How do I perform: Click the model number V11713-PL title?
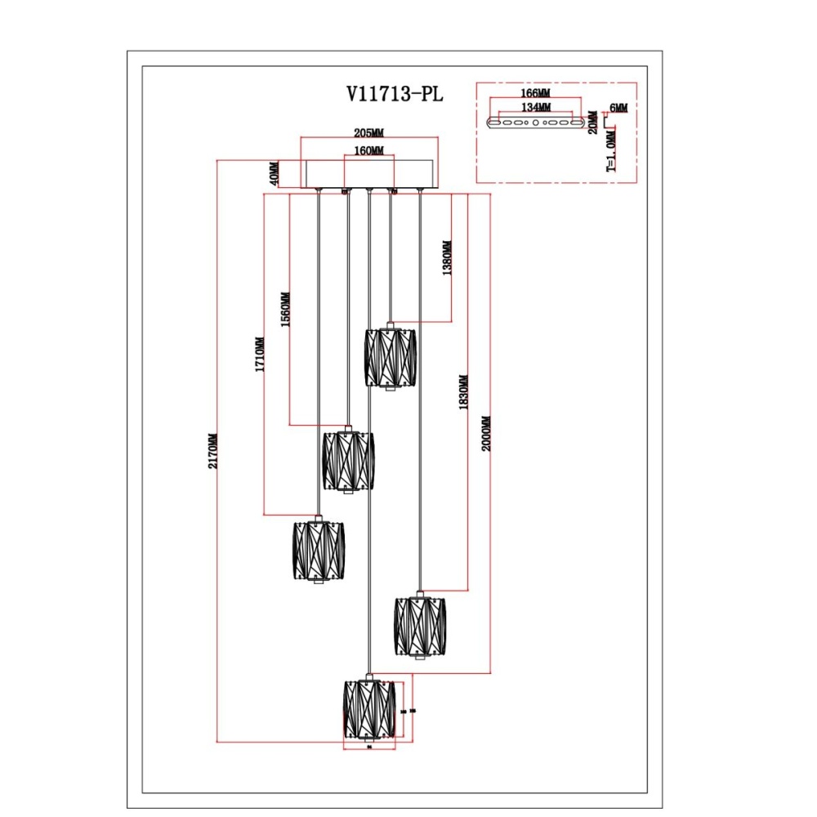pyautogui.click(x=395, y=94)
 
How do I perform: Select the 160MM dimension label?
pyautogui.click(x=369, y=151)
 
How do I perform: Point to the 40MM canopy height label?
pyautogui.click(x=275, y=173)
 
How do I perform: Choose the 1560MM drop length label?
pyautogui.click(x=285, y=310)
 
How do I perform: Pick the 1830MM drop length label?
pyautogui.click(x=462, y=392)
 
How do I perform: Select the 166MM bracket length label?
pyautogui.click(x=535, y=94)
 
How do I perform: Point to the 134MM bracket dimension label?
pyautogui.click(x=535, y=107)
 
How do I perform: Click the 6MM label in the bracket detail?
pyautogui.click(x=618, y=108)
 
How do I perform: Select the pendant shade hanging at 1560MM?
pyautogui.click(x=348, y=461)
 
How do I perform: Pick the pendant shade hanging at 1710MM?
pyautogui.click(x=318, y=551)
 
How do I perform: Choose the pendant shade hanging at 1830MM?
pyautogui.click(x=421, y=626)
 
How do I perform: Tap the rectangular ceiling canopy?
pyautogui.click(x=369, y=174)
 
